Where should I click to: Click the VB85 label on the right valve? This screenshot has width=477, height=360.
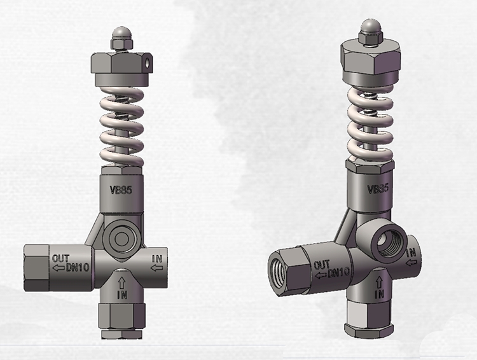point(379,190)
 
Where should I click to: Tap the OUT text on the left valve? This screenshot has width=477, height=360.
point(60,257)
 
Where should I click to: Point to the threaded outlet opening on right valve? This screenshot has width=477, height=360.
point(277,270)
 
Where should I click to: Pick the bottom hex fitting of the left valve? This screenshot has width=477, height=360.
point(122,318)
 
